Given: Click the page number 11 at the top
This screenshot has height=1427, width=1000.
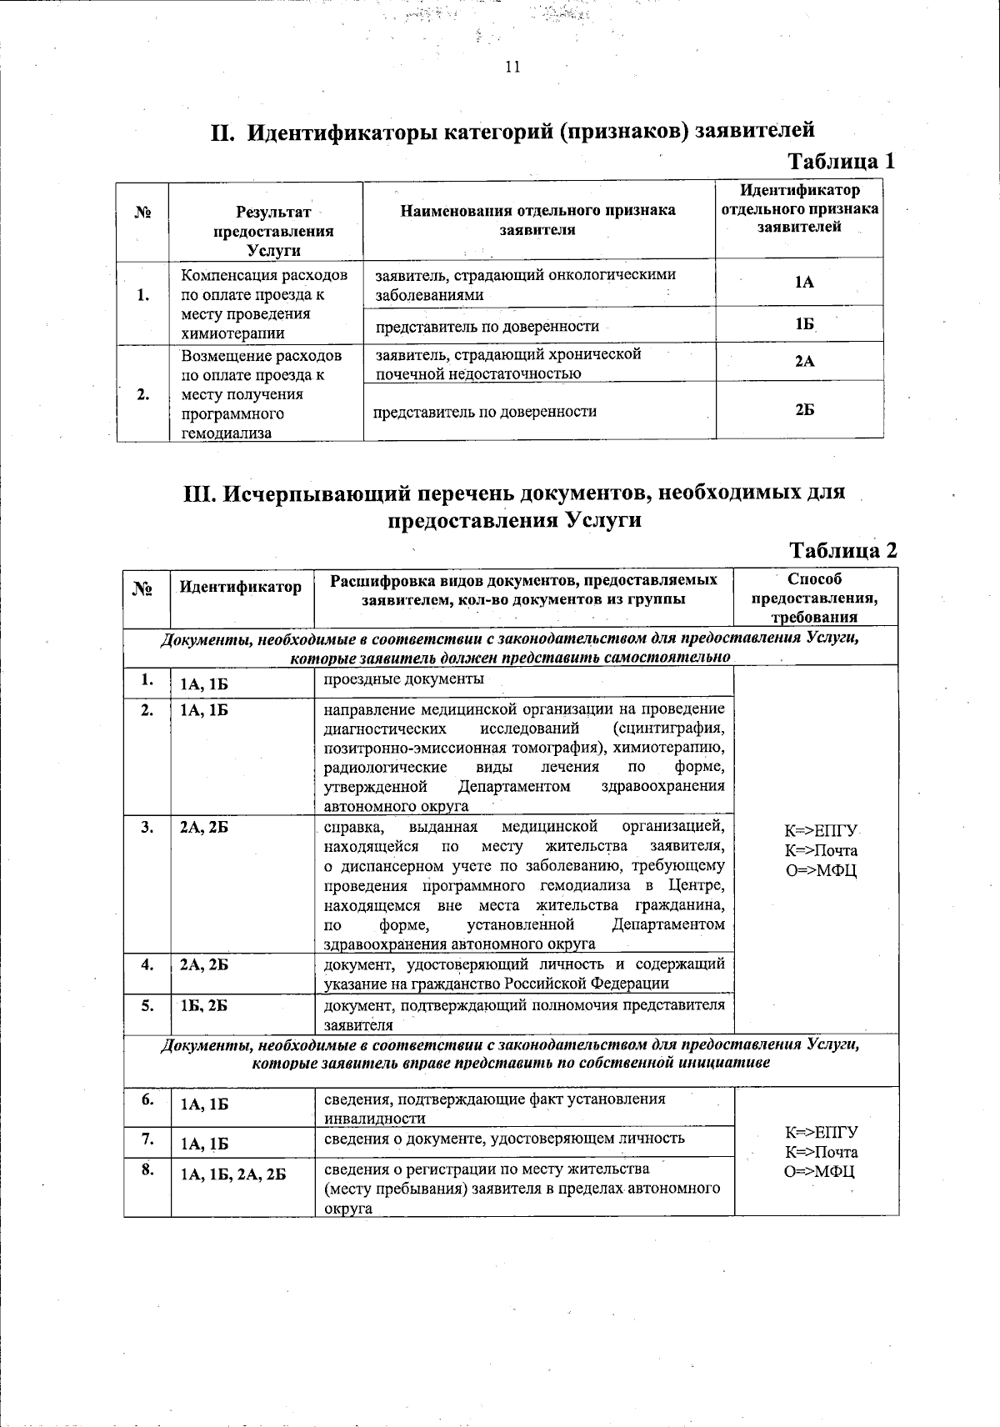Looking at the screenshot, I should [x=512, y=68].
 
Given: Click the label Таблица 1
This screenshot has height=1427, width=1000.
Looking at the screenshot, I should [x=842, y=160].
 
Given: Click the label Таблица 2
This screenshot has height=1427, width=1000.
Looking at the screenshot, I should [x=843, y=550].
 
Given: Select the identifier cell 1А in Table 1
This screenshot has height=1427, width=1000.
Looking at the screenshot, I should [x=804, y=283].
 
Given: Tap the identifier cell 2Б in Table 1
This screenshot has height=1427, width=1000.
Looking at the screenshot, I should [x=804, y=410].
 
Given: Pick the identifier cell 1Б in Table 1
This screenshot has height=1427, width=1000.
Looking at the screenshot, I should [x=804, y=324].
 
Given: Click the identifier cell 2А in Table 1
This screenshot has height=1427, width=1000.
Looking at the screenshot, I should [x=804, y=361].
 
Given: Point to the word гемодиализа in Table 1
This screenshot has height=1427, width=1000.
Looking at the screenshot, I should [x=227, y=433].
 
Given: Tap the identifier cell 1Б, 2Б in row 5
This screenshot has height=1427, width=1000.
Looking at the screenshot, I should [x=204, y=1006].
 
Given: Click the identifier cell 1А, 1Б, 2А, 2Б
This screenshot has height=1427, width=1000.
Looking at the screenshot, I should [x=233, y=1174].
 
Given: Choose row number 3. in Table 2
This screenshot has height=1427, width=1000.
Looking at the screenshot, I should [x=147, y=827].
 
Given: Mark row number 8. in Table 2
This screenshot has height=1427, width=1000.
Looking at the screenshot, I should [x=147, y=1169].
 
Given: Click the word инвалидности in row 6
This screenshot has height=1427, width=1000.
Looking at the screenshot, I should [x=374, y=1119].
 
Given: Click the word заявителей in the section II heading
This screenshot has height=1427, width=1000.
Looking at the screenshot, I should [x=754, y=131].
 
